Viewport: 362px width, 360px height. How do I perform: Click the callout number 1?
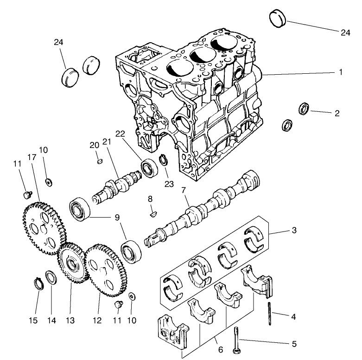tap(341, 72)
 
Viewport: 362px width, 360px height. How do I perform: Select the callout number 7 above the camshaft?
tap(184, 191)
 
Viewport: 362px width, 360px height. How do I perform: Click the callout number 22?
tap(121, 134)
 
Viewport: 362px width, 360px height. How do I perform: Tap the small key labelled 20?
tap(98, 161)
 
